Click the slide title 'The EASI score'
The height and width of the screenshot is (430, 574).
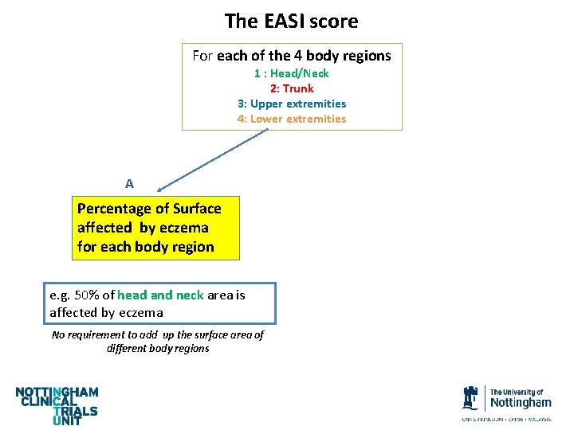[291, 21]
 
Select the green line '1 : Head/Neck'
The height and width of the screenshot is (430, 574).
[291, 73]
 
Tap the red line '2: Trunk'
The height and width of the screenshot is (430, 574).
[291, 88]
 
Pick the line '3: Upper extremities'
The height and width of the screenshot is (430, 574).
[291, 104]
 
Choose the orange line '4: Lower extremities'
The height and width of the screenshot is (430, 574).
[291, 119]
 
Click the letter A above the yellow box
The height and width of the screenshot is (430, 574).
[129, 184]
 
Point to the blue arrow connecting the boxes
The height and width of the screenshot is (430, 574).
[211, 160]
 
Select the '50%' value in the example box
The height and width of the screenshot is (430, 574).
[85, 295]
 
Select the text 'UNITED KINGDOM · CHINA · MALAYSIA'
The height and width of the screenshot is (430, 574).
[506, 419]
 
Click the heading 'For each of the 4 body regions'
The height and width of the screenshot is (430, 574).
[291, 56]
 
